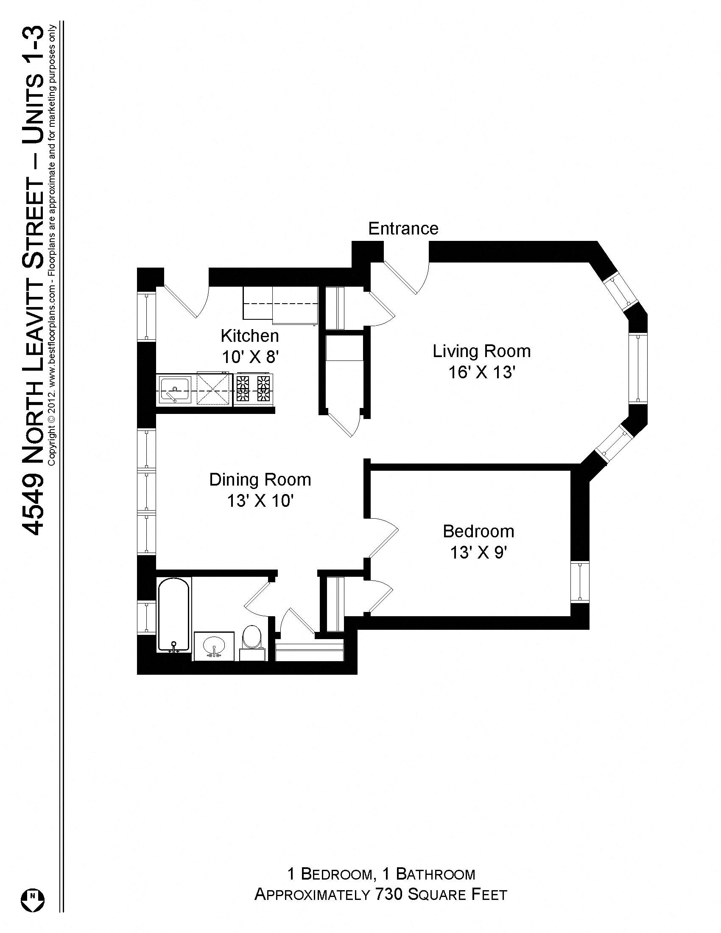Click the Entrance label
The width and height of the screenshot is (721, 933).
click(403, 229)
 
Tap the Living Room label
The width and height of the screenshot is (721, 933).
click(481, 352)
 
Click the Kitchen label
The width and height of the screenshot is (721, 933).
click(249, 336)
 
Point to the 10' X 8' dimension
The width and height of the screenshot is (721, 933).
click(250, 357)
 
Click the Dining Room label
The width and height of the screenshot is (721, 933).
click(260, 480)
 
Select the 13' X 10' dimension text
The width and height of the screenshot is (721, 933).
click(260, 501)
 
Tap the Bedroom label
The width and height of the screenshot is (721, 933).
click(478, 531)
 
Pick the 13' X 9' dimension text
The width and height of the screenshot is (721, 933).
click(478, 553)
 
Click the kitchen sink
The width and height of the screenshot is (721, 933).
click(175, 389)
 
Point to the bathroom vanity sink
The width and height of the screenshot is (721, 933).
click(214, 645)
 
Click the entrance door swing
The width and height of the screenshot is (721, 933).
click(406, 278)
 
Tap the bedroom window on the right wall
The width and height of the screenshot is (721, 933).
click(580, 582)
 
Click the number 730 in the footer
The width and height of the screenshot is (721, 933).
click(387, 894)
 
